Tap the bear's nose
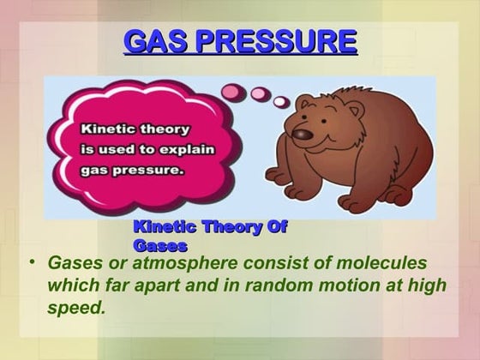click(299, 133)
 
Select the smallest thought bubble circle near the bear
click(280, 103)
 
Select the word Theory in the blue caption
click(232, 226)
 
